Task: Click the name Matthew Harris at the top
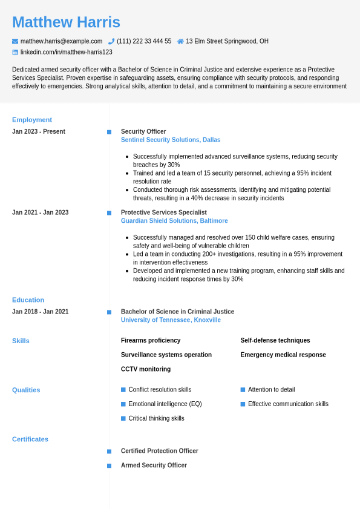[66, 22]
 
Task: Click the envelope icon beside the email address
[15, 41]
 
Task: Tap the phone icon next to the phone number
[111, 41]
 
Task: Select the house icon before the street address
[180, 41]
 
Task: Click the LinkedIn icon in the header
[15, 52]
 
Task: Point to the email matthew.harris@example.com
[61, 41]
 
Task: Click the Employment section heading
[32, 120]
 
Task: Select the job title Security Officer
[143, 131]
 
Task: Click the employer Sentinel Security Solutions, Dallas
[171, 140]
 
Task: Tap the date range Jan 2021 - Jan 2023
[40, 212]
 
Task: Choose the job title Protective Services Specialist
[164, 212]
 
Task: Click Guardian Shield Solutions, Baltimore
[174, 221]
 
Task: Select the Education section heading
[28, 300]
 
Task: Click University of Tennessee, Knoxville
[171, 320]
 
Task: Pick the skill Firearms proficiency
[151, 341]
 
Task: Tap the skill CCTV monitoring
[146, 369]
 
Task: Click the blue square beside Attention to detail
[243, 390]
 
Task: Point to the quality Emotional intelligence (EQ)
[165, 404]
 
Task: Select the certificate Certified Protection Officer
[160, 451]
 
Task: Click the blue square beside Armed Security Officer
[109, 465]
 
